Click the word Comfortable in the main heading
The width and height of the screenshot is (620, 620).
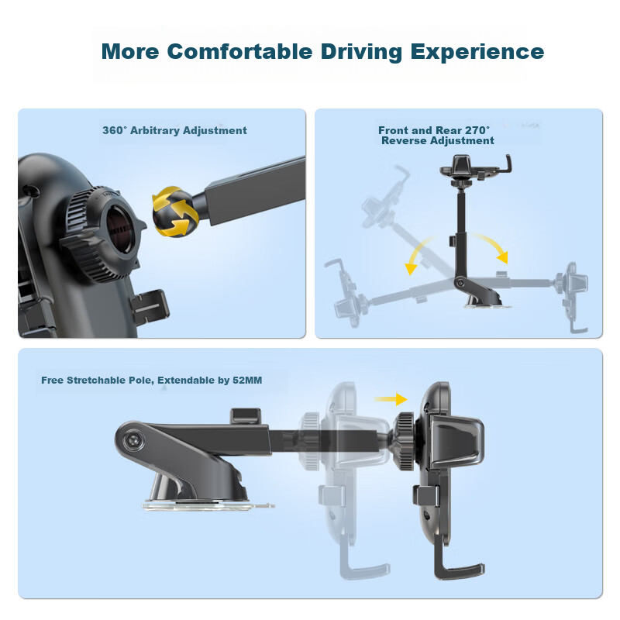[x=239, y=51]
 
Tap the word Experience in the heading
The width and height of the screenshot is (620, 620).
[x=477, y=52]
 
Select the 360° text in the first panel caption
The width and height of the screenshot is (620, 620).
[x=115, y=130]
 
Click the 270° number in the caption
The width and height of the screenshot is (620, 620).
[x=477, y=130]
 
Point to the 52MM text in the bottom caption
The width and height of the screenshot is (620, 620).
[x=247, y=380]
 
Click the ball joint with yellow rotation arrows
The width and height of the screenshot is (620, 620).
[x=176, y=212]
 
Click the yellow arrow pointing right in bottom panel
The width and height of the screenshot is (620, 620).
[x=391, y=399]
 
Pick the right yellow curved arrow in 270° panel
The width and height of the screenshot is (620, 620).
[x=491, y=246]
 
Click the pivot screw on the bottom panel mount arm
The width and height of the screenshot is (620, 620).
[x=132, y=440]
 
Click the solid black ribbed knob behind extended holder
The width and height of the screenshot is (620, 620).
[x=404, y=441]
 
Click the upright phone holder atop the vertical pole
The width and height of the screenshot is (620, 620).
[x=477, y=168]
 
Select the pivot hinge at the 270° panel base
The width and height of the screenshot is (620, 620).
[x=460, y=282]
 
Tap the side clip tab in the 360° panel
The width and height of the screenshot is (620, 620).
[x=150, y=307]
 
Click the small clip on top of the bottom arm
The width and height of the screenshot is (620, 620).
[x=246, y=415]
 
